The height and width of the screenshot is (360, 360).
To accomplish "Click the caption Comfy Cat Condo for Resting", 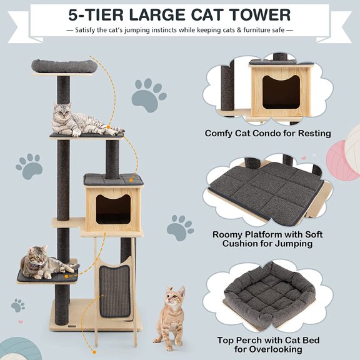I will [267, 133].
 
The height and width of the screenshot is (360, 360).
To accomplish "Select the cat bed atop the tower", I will [63, 64].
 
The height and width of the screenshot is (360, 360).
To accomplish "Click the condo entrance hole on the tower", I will [113, 208].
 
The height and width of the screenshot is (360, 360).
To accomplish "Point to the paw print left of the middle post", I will [29, 166].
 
